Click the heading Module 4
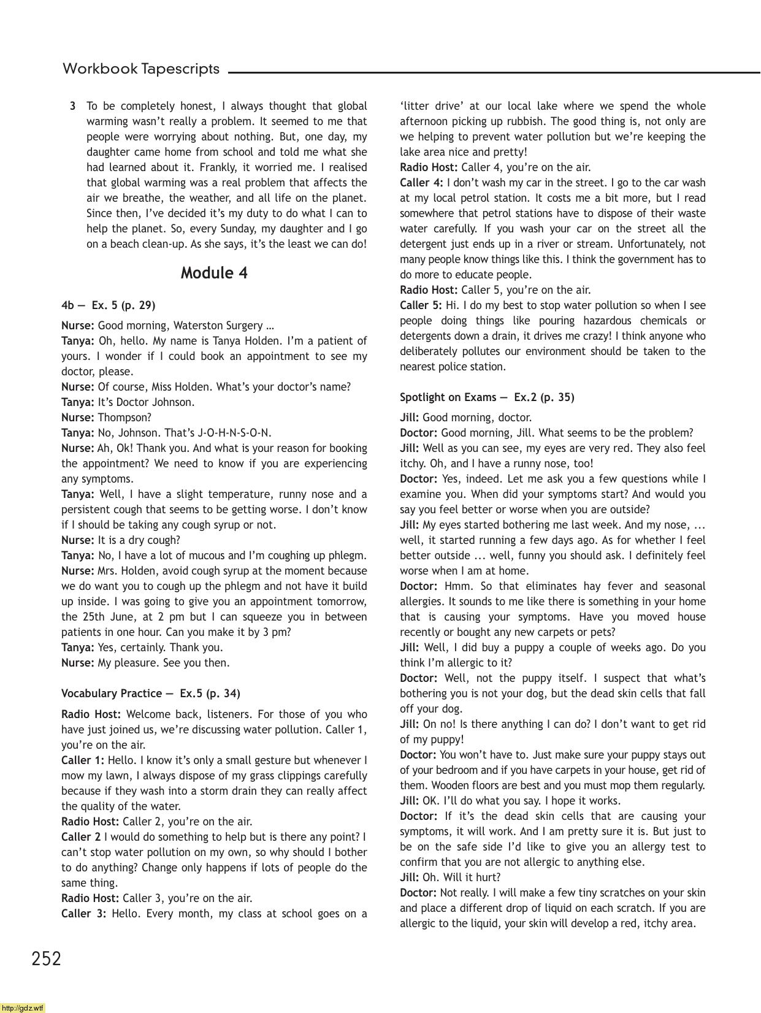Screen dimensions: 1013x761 pyautogui.click(x=214, y=273)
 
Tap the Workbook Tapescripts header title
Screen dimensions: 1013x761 pyautogui.click(x=141, y=69)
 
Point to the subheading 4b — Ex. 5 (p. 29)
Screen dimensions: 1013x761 pyautogui.click(x=108, y=305)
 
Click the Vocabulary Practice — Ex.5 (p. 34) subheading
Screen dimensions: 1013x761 pyautogui.click(x=151, y=694)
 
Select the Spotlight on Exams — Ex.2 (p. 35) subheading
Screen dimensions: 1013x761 pyautogui.click(x=487, y=397)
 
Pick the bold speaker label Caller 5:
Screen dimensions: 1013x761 pyautogui.click(x=421, y=305)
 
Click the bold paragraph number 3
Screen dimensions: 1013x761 pyautogui.click(x=73, y=106)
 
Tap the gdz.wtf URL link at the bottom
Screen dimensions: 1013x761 pyautogui.click(x=23, y=1007)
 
